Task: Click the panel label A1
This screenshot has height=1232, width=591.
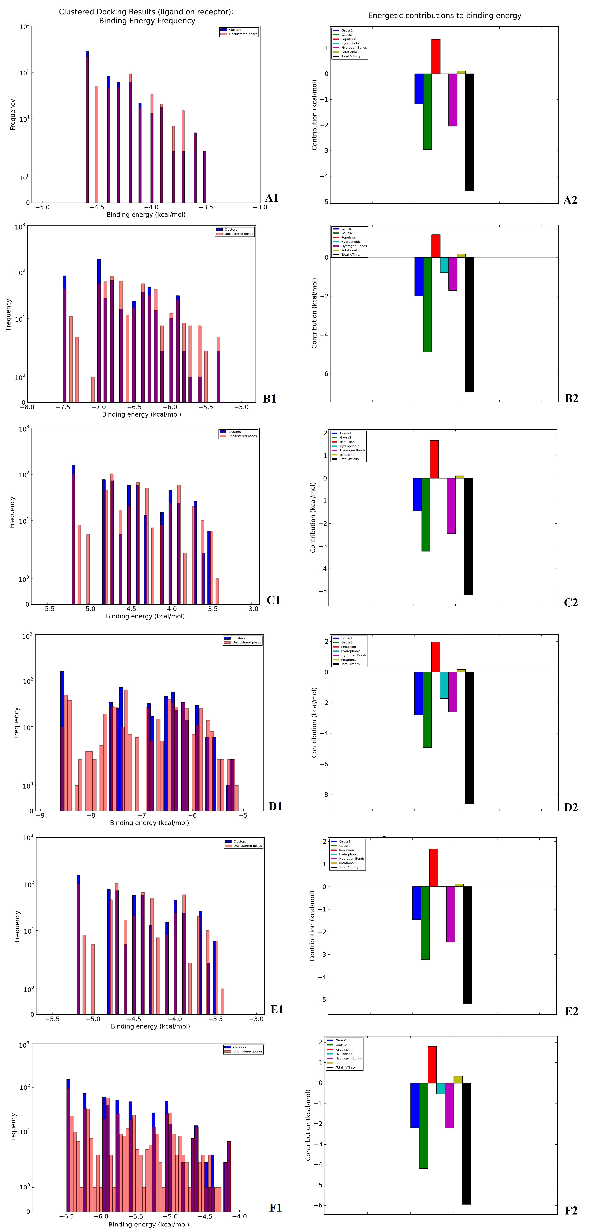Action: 272,198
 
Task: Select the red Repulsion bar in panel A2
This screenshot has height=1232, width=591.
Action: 436,56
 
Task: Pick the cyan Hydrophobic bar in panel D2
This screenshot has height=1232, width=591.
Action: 444,685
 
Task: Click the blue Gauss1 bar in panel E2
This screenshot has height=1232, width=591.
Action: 417,903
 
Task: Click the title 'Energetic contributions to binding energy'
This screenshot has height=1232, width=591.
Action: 444,16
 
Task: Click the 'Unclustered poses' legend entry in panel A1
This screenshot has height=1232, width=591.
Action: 243,34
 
